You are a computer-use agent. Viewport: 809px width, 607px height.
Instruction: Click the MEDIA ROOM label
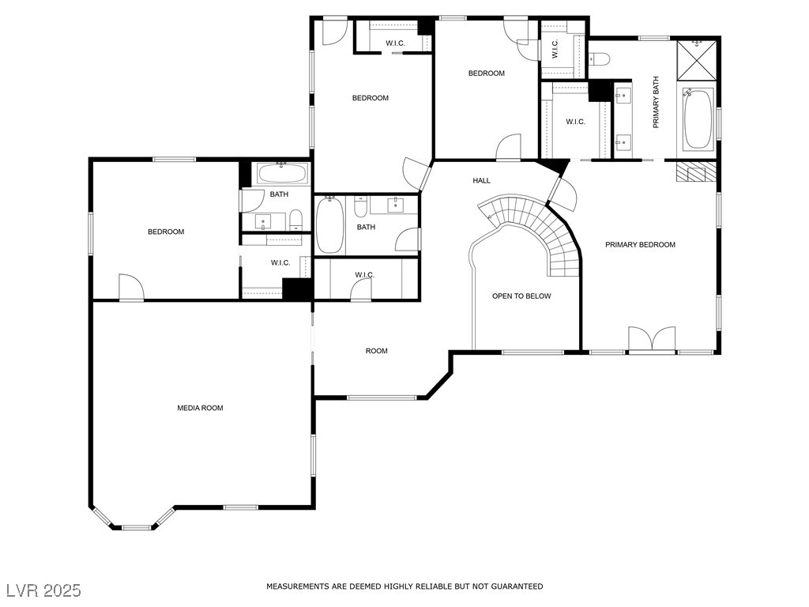click(x=200, y=408)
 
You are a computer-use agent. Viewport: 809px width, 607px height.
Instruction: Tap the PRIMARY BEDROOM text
click(x=640, y=245)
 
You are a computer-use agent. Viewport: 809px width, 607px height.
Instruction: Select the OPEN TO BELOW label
click(x=521, y=296)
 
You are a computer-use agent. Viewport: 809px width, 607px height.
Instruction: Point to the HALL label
click(x=481, y=181)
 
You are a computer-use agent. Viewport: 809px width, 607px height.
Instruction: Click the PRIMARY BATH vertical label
click(x=657, y=102)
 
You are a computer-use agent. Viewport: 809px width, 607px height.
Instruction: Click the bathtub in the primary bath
click(x=698, y=119)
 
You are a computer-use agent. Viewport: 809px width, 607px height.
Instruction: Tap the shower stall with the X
click(x=697, y=60)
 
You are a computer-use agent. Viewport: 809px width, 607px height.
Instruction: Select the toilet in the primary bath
click(x=600, y=58)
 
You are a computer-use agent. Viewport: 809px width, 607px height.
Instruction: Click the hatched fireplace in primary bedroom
click(x=697, y=172)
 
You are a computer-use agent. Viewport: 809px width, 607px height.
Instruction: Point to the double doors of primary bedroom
click(x=652, y=340)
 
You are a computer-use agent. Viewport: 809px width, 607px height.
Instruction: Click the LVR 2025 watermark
click(x=43, y=590)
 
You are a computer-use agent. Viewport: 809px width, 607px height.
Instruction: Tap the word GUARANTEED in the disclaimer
click(x=517, y=586)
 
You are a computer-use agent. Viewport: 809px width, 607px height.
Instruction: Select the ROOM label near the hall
click(x=377, y=351)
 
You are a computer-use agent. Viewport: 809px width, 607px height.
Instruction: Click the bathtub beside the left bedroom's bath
click(x=281, y=173)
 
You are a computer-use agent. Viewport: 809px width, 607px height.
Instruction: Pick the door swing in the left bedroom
click(x=131, y=287)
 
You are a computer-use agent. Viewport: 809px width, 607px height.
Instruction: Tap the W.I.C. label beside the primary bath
click(x=575, y=122)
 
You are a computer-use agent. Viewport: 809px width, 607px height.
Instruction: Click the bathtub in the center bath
click(x=329, y=225)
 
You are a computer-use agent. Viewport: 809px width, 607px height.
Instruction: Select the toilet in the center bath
click(x=360, y=207)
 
